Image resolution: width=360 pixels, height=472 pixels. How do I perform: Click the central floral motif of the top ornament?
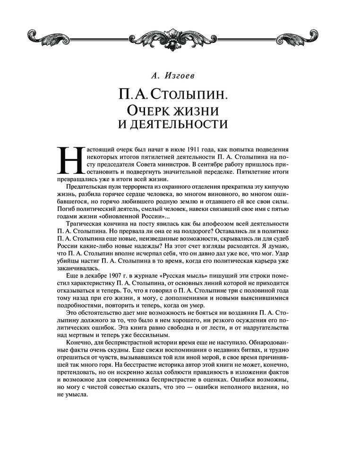point(180,34)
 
